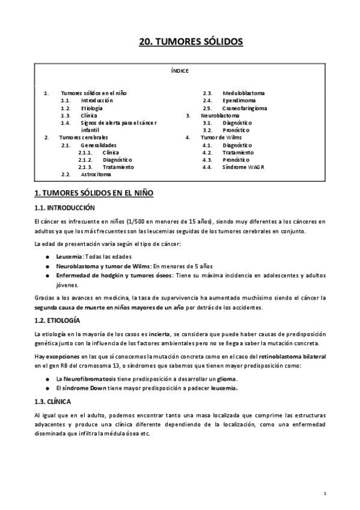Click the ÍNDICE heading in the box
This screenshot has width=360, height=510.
click(x=180, y=71)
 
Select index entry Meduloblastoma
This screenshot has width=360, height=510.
click(x=243, y=93)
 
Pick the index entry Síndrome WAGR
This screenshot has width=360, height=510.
click(x=243, y=167)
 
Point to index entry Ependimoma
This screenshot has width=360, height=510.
click(x=239, y=101)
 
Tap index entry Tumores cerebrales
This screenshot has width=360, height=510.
click(x=88, y=138)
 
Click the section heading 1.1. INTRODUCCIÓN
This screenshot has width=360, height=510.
click(x=66, y=207)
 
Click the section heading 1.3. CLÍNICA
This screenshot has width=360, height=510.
click(x=53, y=401)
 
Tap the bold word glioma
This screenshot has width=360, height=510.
click(x=227, y=378)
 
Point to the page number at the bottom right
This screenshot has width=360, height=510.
click(x=325, y=493)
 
